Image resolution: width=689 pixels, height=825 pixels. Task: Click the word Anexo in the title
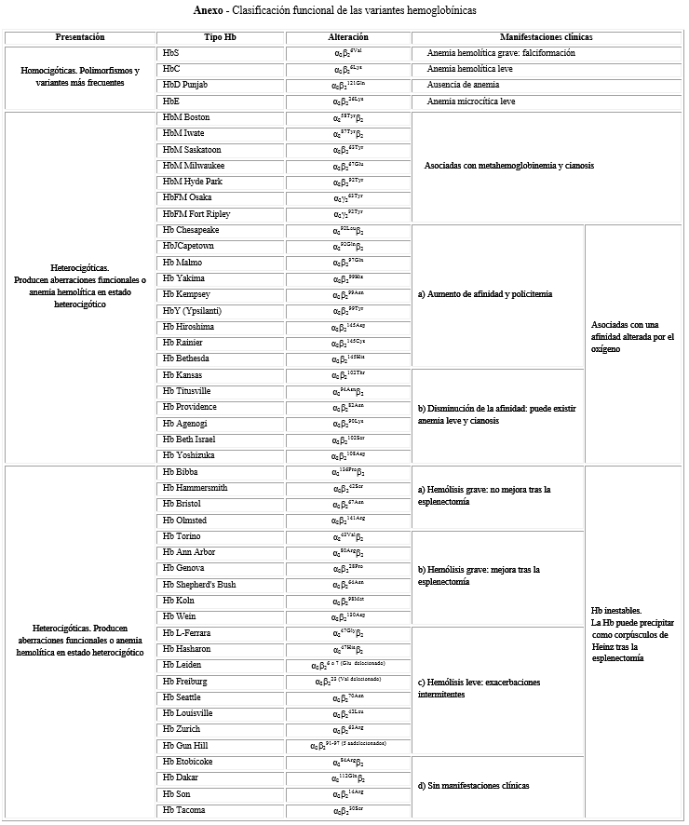click(209, 10)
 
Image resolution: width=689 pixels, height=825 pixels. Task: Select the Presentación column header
click(79, 37)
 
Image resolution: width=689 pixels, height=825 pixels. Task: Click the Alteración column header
click(348, 37)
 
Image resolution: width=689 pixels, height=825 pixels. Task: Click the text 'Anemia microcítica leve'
click(470, 101)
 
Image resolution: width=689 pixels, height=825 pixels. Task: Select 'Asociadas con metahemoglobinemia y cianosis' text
click(508, 166)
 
